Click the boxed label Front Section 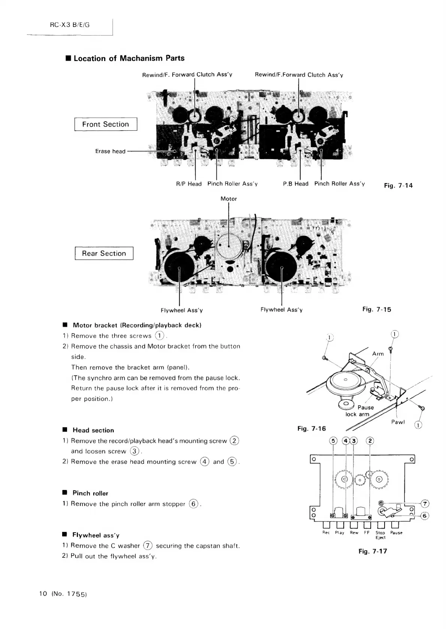[x=106, y=124]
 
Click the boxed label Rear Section [x=104, y=253]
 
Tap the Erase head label [x=110, y=151]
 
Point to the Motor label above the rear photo [x=228, y=199]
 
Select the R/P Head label [x=189, y=184]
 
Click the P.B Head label [x=295, y=184]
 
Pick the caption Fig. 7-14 [x=398, y=185]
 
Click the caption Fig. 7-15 [x=377, y=309]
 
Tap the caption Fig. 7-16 [x=311, y=429]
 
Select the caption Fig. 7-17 [x=373, y=551]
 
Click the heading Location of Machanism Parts [x=129, y=58]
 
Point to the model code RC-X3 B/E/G [x=70, y=25]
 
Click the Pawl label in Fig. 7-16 [x=398, y=422]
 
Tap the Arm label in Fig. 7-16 [x=378, y=354]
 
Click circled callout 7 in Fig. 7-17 [x=425, y=503]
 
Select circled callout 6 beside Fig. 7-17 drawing [x=425, y=516]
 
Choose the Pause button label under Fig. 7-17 [x=396, y=533]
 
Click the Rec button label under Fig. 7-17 [x=326, y=533]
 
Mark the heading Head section [x=93, y=430]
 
